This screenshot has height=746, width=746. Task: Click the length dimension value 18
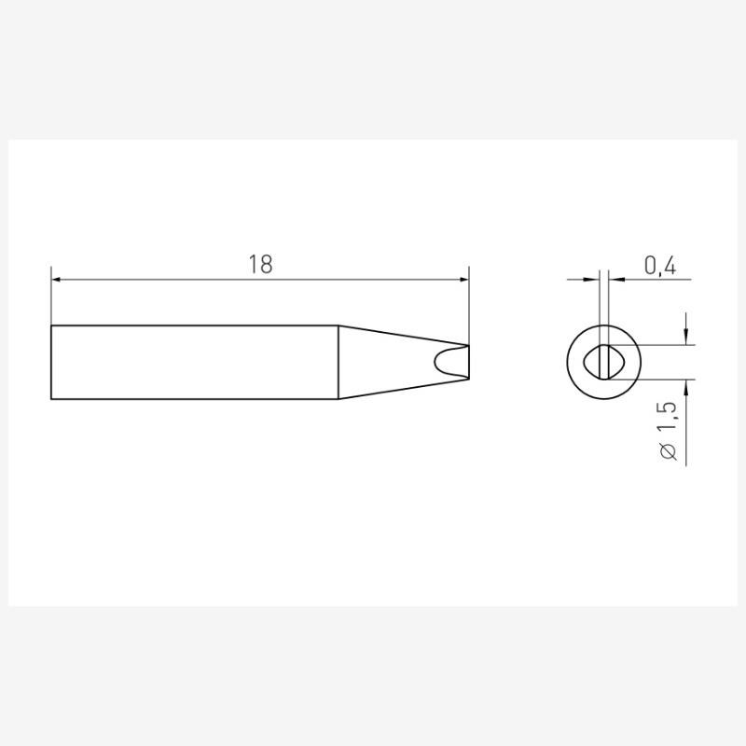click(x=260, y=264)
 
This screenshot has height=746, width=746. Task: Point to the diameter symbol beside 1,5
click(x=667, y=451)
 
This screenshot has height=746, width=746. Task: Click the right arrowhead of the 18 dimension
click(x=463, y=279)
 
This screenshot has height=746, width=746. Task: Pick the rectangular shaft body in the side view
click(x=194, y=362)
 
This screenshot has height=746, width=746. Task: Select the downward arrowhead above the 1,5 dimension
click(x=686, y=338)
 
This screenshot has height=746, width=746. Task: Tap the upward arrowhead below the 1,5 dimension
click(x=686, y=386)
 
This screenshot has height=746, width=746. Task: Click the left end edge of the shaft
click(x=51, y=362)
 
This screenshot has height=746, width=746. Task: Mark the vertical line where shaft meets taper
click(x=338, y=362)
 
